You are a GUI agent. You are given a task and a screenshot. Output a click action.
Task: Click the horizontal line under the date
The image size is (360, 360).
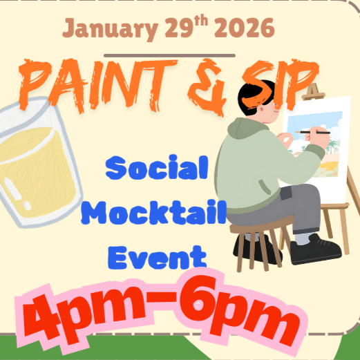pos(169,55)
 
